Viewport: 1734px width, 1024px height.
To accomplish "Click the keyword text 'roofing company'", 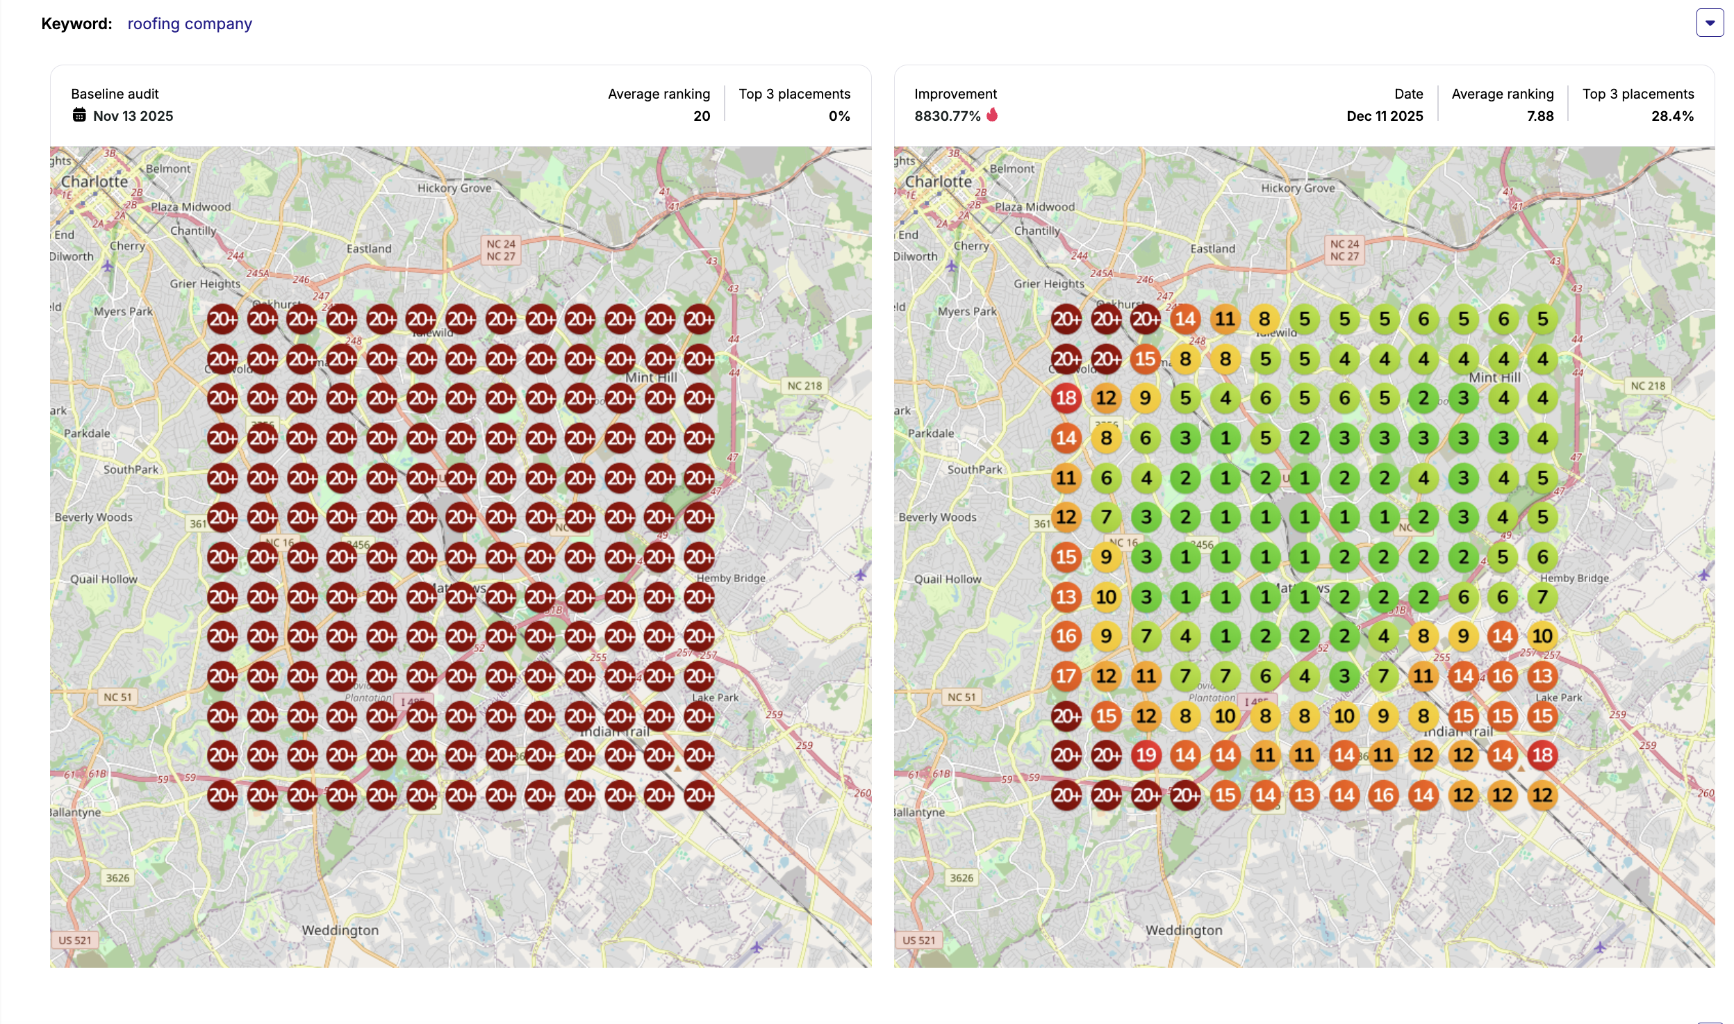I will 190,24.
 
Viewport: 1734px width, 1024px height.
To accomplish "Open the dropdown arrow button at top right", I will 1710,23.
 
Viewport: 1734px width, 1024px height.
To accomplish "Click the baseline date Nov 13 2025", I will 133,116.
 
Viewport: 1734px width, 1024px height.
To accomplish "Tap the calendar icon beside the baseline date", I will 79,115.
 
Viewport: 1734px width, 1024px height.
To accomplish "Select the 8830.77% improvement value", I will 947,116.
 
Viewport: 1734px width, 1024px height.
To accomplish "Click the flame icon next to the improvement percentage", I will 992,115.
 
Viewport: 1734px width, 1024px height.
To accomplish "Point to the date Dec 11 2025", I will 1384,116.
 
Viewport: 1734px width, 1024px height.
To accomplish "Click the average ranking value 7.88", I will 1539,116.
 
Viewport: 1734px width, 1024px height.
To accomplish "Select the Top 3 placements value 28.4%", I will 1672,116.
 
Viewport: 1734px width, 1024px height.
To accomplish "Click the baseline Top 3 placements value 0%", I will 839,116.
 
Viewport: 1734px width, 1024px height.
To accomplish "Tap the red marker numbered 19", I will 1146,755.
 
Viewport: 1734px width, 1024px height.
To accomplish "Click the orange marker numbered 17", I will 1066,676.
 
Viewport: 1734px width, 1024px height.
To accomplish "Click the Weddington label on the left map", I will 340,930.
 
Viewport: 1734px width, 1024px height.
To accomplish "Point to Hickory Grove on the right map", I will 1298,188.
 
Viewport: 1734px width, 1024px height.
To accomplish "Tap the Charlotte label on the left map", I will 94,181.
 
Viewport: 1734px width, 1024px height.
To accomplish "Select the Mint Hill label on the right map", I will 1494,377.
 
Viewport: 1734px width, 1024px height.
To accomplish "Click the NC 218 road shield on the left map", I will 804,386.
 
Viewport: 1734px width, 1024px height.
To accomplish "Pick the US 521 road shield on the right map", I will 918,940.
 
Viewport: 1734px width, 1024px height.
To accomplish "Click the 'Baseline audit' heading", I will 115,94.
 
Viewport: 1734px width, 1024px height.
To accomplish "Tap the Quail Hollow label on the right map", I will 948,579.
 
